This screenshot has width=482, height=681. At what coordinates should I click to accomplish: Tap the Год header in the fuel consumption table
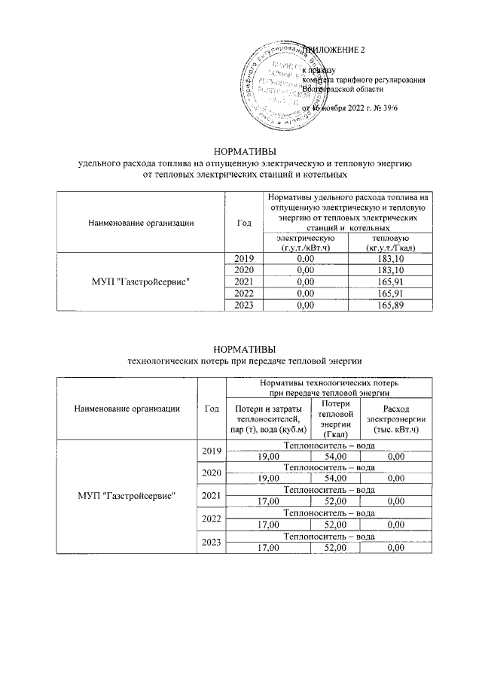[243, 222]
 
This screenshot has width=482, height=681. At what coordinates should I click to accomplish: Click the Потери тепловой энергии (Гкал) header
[337, 419]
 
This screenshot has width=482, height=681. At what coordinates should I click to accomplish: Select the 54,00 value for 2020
[336, 478]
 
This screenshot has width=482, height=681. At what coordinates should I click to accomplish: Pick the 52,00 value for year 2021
[336, 501]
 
